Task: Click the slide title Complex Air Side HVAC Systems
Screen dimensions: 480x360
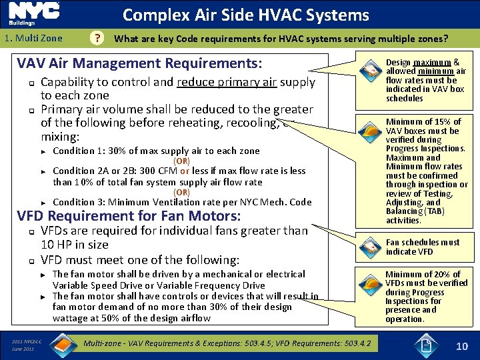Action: (246, 15)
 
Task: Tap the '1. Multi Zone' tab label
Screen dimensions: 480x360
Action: (33, 39)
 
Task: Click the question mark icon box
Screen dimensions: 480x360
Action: (99, 39)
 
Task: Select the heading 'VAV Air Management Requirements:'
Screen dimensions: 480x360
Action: (139, 64)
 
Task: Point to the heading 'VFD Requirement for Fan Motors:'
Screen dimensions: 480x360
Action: (129, 215)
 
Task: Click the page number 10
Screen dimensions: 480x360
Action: (462, 345)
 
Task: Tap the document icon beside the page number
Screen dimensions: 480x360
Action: (425, 345)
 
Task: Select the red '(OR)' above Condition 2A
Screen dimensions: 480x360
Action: (181, 161)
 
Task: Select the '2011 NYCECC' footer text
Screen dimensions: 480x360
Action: (27, 341)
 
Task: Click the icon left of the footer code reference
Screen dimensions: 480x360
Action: (63, 343)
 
